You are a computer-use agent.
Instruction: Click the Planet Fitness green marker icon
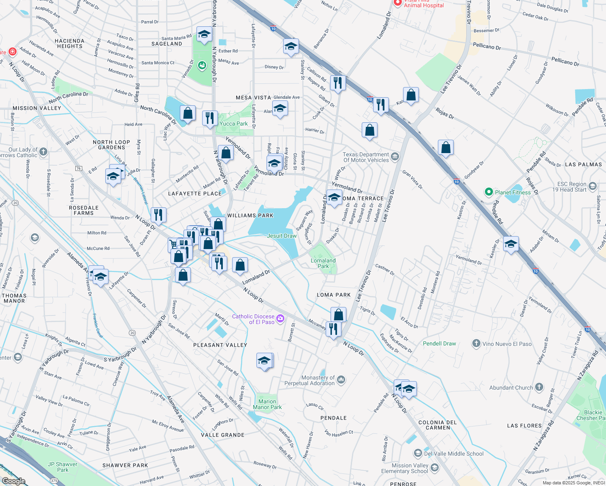click(x=489, y=192)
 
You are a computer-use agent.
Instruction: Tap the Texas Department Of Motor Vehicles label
click(x=366, y=157)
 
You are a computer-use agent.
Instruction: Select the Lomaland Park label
click(x=323, y=263)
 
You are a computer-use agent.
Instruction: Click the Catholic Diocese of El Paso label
click(x=253, y=319)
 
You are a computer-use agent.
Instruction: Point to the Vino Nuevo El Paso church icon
click(x=476, y=344)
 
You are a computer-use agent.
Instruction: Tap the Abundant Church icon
click(x=539, y=387)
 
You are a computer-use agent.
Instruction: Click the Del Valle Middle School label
click(x=453, y=454)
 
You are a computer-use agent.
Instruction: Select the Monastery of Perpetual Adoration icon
click(x=341, y=379)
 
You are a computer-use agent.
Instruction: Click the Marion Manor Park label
click(x=267, y=404)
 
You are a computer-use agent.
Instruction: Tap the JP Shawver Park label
click(x=62, y=467)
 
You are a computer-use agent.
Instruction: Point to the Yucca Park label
click(x=233, y=124)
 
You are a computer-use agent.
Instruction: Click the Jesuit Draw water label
click(x=282, y=236)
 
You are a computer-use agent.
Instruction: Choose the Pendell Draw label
click(x=439, y=343)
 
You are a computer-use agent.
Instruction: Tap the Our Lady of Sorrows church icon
click(x=43, y=152)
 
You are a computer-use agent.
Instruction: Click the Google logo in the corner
click(x=14, y=481)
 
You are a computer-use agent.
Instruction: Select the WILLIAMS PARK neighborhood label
click(x=250, y=215)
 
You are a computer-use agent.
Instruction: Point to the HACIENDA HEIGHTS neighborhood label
click(x=70, y=43)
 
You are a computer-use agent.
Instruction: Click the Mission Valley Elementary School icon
click(x=435, y=468)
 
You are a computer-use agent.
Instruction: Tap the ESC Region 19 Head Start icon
click(x=593, y=186)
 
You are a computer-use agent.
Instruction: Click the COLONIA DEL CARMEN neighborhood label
click(x=437, y=425)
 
